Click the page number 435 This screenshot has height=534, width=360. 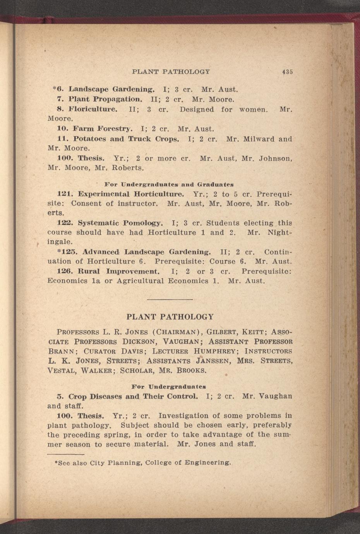click(x=287, y=72)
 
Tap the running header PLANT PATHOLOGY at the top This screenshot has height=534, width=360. click(x=171, y=72)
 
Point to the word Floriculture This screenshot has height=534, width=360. click(x=93, y=110)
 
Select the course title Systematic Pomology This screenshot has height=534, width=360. click(x=120, y=223)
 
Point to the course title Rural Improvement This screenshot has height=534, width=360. click(x=118, y=271)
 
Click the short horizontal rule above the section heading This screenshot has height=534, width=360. click(x=170, y=299)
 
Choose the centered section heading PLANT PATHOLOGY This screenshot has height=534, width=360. click(x=170, y=317)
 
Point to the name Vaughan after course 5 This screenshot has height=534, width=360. click(x=275, y=397)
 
